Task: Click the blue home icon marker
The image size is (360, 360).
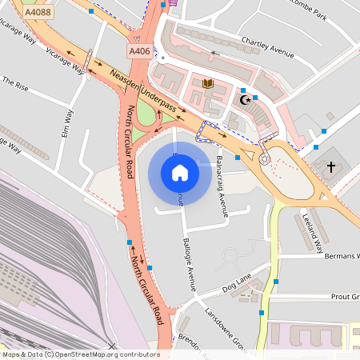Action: tap(179, 173)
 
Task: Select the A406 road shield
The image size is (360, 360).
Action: tap(139, 51)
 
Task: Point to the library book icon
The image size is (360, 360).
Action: tap(208, 83)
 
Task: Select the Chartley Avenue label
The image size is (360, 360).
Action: tap(261, 51)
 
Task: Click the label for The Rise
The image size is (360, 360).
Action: tap(15, 82)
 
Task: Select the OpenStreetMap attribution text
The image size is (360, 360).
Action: tap(80, 354)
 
